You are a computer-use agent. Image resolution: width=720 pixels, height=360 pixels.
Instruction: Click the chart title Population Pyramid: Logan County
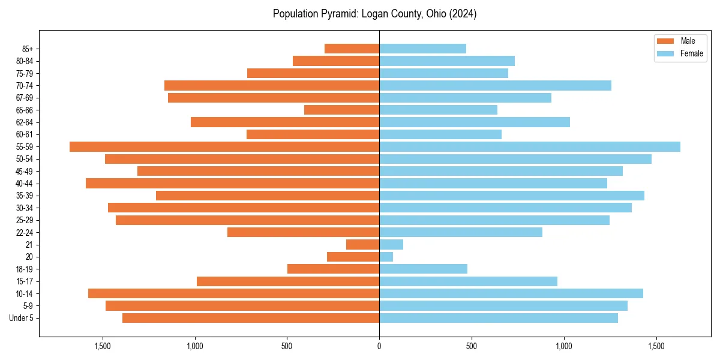(x=374, y=14)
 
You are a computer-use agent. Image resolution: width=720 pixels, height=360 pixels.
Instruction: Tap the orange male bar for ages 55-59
(x=224, y=146)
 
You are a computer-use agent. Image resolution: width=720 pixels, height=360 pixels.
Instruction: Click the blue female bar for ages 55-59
(x=530, y=146)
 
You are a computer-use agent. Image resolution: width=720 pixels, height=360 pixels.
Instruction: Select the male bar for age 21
(x=363, y=244)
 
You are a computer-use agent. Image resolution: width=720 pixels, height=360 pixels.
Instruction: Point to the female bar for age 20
(x=386, y=257)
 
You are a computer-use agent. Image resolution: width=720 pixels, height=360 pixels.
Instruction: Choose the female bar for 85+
(x=422, y=49)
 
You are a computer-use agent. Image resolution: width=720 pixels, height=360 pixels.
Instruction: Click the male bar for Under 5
(x=251, y=318)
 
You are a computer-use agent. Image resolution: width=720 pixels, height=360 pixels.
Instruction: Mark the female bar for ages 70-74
(x=495, y=85)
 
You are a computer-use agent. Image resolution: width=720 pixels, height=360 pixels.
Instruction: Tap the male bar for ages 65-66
(x=342, y=110)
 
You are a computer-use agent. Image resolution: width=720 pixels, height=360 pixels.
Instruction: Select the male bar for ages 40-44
(x=233, y=183)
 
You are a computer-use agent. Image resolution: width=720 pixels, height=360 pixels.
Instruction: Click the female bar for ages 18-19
(x=423, y=269)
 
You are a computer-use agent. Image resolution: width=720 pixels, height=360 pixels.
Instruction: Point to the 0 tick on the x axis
(x=379, y=346)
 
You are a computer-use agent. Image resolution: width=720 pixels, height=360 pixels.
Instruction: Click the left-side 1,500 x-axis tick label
(x=103, y=346)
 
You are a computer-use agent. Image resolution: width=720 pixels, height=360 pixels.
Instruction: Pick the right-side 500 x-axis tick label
(x=472, y=346)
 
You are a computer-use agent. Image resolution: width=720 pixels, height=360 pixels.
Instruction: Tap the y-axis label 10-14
(x=25, y=293)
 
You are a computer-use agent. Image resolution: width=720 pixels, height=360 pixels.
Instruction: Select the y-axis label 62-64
(x=25, y=122)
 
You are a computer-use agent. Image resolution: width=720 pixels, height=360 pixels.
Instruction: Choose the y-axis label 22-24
(x=25, y=232)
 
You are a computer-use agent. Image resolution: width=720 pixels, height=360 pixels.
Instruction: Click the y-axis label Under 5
(x=22, y=318)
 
